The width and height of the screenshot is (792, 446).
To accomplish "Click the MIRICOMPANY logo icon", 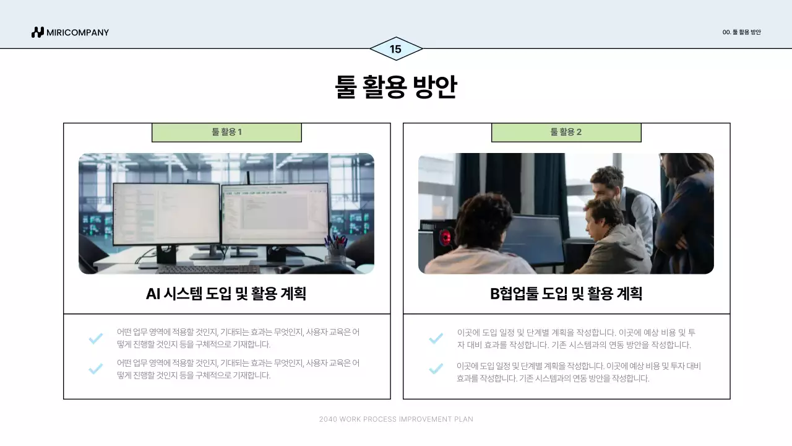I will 38,32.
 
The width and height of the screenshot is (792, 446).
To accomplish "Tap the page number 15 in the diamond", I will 395,49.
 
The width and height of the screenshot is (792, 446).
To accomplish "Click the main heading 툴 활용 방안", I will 395,87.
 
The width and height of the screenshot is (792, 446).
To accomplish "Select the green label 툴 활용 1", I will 226,133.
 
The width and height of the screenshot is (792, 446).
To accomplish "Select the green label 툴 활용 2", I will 566,133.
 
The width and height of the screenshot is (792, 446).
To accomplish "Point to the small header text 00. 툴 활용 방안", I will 741,32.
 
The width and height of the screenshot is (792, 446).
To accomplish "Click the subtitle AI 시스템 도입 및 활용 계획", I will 226,294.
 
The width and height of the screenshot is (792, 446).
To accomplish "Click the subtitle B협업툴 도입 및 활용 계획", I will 566,294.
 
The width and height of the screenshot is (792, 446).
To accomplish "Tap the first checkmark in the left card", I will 95,338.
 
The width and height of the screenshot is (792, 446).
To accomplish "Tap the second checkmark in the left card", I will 95,369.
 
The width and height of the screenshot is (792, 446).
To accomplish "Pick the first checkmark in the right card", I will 436,338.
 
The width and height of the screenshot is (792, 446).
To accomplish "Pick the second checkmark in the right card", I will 436,369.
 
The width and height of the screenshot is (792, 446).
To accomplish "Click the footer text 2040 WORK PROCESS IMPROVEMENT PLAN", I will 396,419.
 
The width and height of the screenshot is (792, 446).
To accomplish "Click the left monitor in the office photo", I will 166,214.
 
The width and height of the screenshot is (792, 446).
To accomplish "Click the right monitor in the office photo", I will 275,214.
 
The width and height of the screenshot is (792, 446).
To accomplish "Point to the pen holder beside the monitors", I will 335,251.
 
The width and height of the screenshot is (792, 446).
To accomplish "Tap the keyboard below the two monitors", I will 208,269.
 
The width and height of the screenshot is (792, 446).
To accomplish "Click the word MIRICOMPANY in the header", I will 78,32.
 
